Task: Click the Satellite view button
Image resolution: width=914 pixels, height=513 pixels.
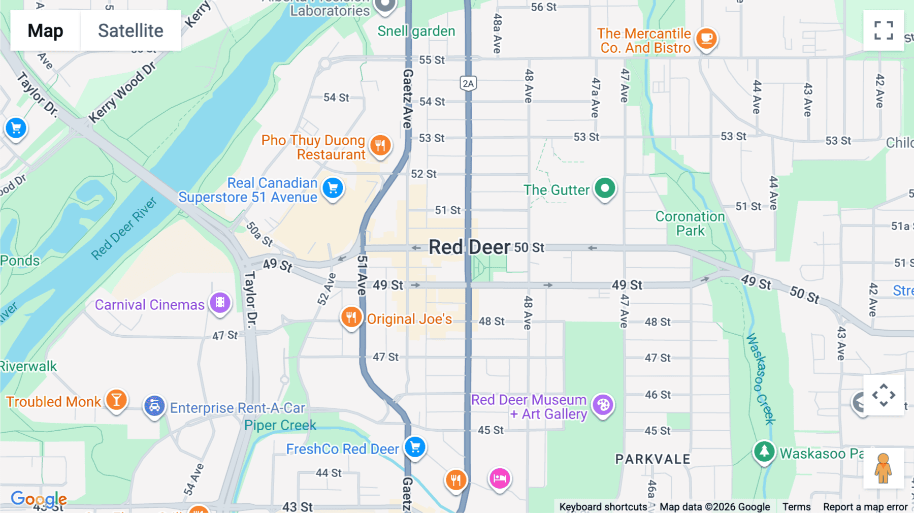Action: (x=130, y=30)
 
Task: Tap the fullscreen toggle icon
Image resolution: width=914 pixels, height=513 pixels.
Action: (x=884, y=30)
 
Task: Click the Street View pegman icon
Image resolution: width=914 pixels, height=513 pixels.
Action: (x=883, y=468)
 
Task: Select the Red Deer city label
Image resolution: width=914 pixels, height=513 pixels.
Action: (x=469, y=247)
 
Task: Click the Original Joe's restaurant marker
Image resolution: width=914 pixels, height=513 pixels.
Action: (x=351, y=317)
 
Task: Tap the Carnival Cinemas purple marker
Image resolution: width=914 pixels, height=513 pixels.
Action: (x=220, y=303)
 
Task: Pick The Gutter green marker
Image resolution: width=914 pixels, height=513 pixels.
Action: (x=605, y=188)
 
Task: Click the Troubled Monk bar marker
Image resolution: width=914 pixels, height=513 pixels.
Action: (x=116, y=400)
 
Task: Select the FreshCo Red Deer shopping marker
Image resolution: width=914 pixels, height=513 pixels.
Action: (x=415, y=447)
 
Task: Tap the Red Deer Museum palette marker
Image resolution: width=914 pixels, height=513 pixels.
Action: (x=603, y=405)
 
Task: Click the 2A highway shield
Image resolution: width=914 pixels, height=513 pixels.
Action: (x=468, y=83)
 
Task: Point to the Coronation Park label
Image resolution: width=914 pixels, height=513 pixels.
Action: (x=690, y=223)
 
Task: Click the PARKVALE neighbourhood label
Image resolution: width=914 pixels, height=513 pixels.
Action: (x=652, y=459)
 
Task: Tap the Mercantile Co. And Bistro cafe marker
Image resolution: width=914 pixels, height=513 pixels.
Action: (x=706, y=38)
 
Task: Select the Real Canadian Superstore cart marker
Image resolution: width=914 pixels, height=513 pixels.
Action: (x=333, y=189)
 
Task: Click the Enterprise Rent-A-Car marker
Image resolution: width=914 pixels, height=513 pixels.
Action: (x=154, y=406)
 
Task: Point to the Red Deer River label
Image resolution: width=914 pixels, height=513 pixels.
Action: (x=124, y=229)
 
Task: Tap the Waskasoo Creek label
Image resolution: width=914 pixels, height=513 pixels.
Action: (x=760, y=378)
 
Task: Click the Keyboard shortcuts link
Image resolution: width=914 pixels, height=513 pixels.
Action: (x=603, y=506)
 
